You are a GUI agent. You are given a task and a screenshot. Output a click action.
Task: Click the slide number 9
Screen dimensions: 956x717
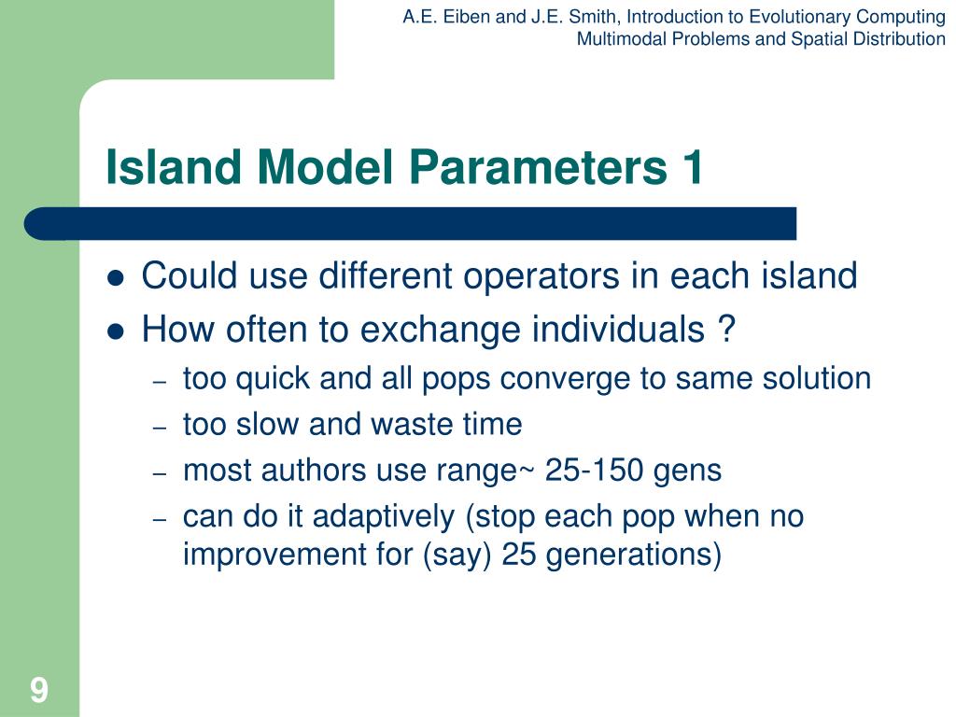click(39, 690)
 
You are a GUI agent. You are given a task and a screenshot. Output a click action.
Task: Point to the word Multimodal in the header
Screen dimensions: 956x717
click(621, 39)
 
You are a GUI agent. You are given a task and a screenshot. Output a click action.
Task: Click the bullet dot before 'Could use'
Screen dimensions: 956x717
click(115, 278)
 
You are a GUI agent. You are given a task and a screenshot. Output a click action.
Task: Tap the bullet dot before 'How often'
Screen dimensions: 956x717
click(115, 332)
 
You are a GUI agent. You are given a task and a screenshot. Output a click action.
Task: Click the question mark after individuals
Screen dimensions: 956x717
click(726, 329)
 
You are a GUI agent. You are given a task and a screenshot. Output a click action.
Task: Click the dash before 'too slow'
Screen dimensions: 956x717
click(160, 428)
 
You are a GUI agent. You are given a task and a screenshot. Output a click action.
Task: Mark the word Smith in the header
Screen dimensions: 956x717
click(591, 17)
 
